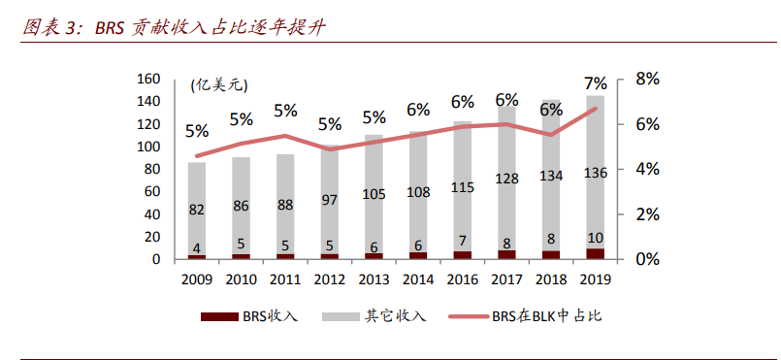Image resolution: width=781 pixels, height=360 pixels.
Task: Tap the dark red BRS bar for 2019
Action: pyautogui.click(x=596, y=253)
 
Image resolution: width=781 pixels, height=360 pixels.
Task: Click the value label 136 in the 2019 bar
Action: pyautogui.click(x=596, y=173)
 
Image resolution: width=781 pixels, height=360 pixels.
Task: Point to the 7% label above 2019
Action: pyautogui.click(x=596, y=83)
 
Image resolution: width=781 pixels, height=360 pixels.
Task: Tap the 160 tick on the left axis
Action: pyautogui.click(x=148, y=79)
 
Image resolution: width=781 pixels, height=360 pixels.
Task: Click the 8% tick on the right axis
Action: pyautogui.click(x=647, y=79)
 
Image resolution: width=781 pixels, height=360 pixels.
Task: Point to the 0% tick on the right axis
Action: pyautogui.click(x=647, y=259)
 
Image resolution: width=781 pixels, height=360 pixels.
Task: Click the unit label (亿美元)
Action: pyautogui.click(x=220, y=85)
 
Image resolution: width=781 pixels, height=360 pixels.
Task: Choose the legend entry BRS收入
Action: pyautogui.click(x=249, y=316)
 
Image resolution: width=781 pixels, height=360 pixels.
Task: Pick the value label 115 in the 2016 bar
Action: pyautogui.click(x=463, y=187)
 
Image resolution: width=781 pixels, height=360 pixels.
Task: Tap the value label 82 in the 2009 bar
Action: pyautogui.click(x=197, y=209)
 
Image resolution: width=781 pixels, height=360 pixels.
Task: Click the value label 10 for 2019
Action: pyautogui.click(x=596, y=239)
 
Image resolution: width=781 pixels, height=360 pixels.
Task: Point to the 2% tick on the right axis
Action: pyautogui.click(x=647, y=213)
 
